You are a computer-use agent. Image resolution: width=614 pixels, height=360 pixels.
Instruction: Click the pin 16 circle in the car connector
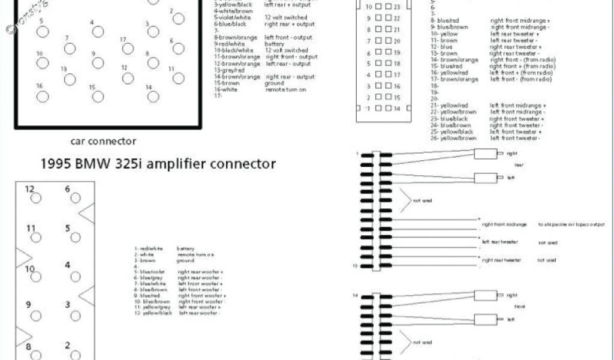point(43,97)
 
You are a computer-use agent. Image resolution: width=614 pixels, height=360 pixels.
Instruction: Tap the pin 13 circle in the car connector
point(70,79)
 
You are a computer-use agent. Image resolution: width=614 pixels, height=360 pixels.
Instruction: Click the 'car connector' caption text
point(103,142)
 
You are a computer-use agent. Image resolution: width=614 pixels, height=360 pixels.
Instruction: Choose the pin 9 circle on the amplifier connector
point(36,314)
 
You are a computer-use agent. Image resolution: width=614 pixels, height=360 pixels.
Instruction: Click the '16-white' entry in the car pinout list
point(227,89)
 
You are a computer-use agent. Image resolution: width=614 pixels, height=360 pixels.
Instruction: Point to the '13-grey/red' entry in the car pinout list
point(230,70)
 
